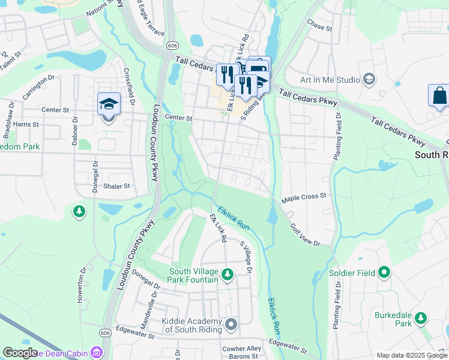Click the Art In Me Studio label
[330, 80]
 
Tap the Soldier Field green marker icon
[384, 274]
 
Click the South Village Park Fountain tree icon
[227, 275]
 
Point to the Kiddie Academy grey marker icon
[231, 325]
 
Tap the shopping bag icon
[439, 95]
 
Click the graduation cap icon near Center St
[109, 104]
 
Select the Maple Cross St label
[304, 196]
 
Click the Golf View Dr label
[306, 235]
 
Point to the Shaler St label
[116, 186]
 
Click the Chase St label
[319, 28]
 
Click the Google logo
[20, 353]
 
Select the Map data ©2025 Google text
[411, 355]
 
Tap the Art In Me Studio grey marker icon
[369, 80]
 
